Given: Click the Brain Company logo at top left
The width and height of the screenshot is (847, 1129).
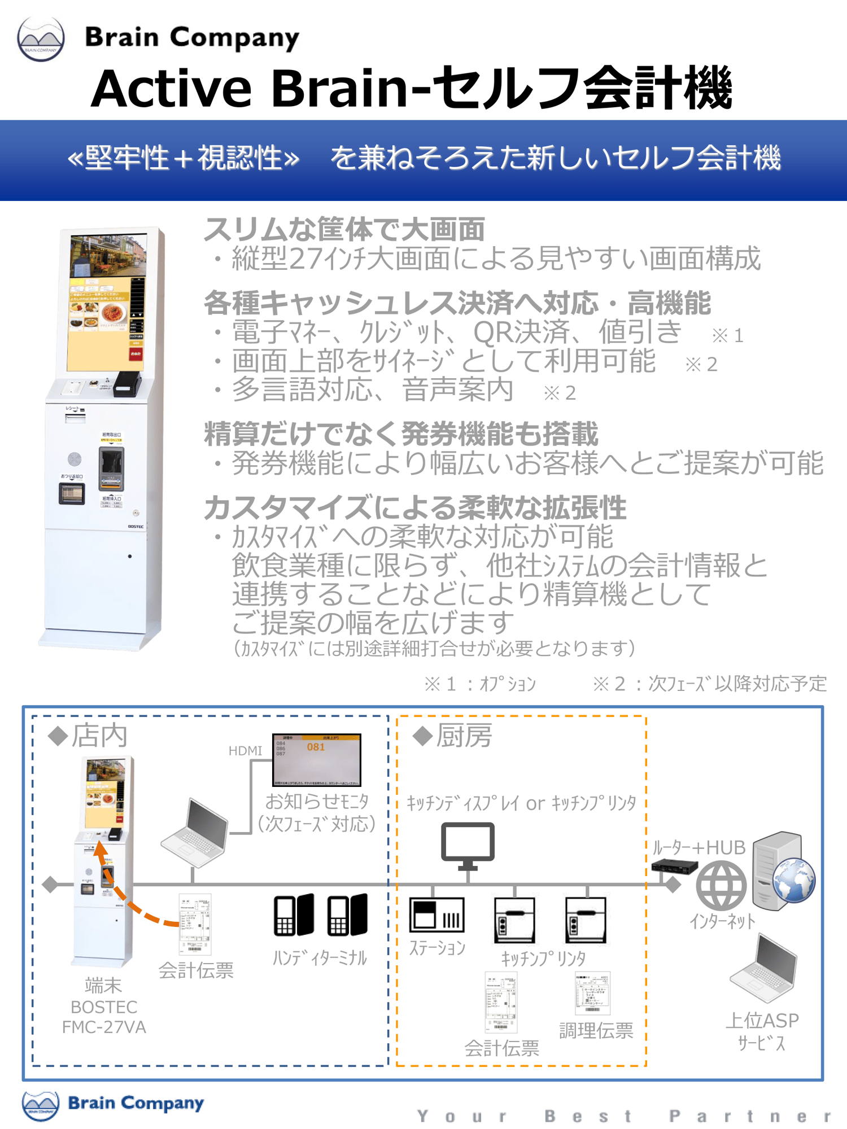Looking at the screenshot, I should pyautogui.click(x=41, y=38).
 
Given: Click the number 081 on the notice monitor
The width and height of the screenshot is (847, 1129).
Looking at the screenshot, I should pyautogui.click(x=316, y=747).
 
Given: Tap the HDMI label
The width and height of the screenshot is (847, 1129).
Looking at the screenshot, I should pyautogui.click(x=245, y=750).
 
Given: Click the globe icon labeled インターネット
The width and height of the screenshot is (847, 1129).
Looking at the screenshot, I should pyautogui.click(x=721, y=885).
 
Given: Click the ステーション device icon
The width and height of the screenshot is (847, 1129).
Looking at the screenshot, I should pyautogui.click(x=436, y=914).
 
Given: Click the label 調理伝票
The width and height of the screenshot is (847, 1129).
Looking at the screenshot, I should pyautogui.click(x=596, y=1031).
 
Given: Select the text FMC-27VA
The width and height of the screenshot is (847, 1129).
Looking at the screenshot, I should pyautogui.click(x=104, y=1027).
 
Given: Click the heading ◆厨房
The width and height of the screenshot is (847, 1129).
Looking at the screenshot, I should pyautogui.click(x=452, y=736).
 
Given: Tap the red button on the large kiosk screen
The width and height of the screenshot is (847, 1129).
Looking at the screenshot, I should pyautogui.click(x=136, y=353).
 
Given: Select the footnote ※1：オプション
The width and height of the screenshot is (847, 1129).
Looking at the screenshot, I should pyautogui.click(x=479, y=684).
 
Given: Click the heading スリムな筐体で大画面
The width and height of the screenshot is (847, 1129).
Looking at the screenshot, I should pyautogui.click(x=344, y=229).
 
